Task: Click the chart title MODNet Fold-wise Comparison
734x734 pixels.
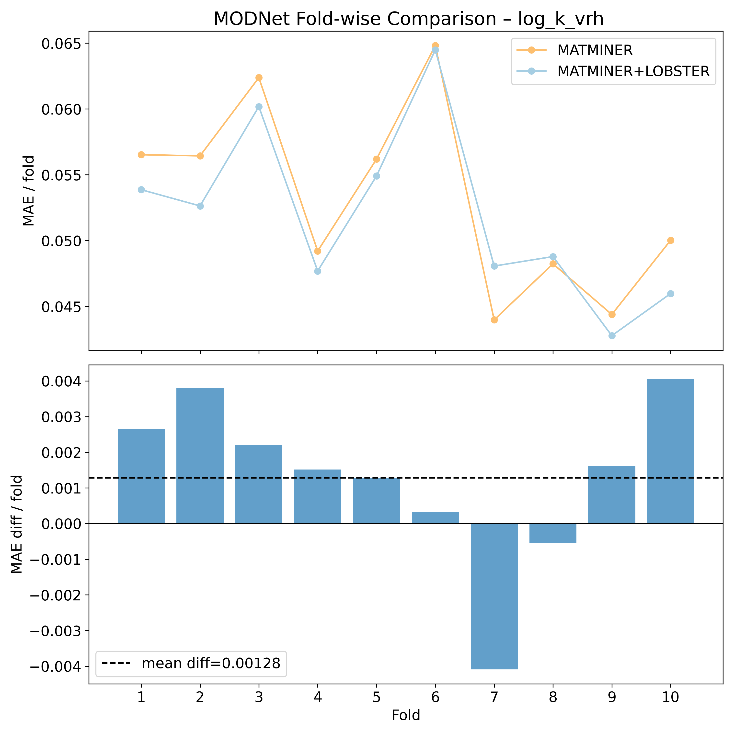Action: click(x=408, y=19)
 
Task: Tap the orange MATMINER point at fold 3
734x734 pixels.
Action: click(x=259, y=78)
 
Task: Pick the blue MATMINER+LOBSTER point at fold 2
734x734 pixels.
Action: click(x=200, y=206)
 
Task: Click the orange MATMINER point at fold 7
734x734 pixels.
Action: click(x=494, y=320)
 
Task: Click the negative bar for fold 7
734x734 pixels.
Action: click(x=494, y=596)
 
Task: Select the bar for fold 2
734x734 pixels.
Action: click(x=200, y=456)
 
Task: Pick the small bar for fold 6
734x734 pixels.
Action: click(x=436, y=518)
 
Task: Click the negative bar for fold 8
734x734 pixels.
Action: click(x=553, y=533)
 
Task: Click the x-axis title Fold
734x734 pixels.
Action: click(x=406, y=715)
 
